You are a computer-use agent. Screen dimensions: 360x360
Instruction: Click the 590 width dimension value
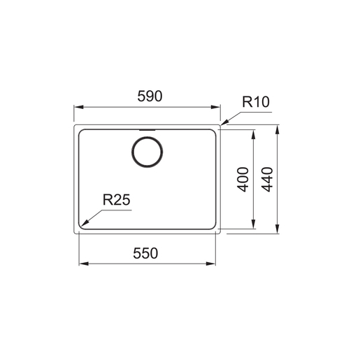point(147,96)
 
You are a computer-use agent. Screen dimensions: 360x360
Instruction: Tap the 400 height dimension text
point(243,180)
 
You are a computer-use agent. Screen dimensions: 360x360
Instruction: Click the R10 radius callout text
point(255,103)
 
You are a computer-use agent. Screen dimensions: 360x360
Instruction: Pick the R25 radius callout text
point(116,200)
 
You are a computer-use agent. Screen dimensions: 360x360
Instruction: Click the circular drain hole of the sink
point(147,152)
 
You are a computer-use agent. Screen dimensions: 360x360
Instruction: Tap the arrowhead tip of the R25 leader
point(82,226)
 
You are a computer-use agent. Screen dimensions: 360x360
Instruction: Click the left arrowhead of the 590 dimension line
point(76,107)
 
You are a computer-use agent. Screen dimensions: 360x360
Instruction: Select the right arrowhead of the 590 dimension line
point(218,107)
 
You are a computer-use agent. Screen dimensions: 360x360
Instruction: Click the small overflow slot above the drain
point(147,130)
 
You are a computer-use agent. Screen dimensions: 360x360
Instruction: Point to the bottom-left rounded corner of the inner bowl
point(83,225)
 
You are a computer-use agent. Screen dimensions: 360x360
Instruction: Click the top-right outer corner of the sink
point(220,127)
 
